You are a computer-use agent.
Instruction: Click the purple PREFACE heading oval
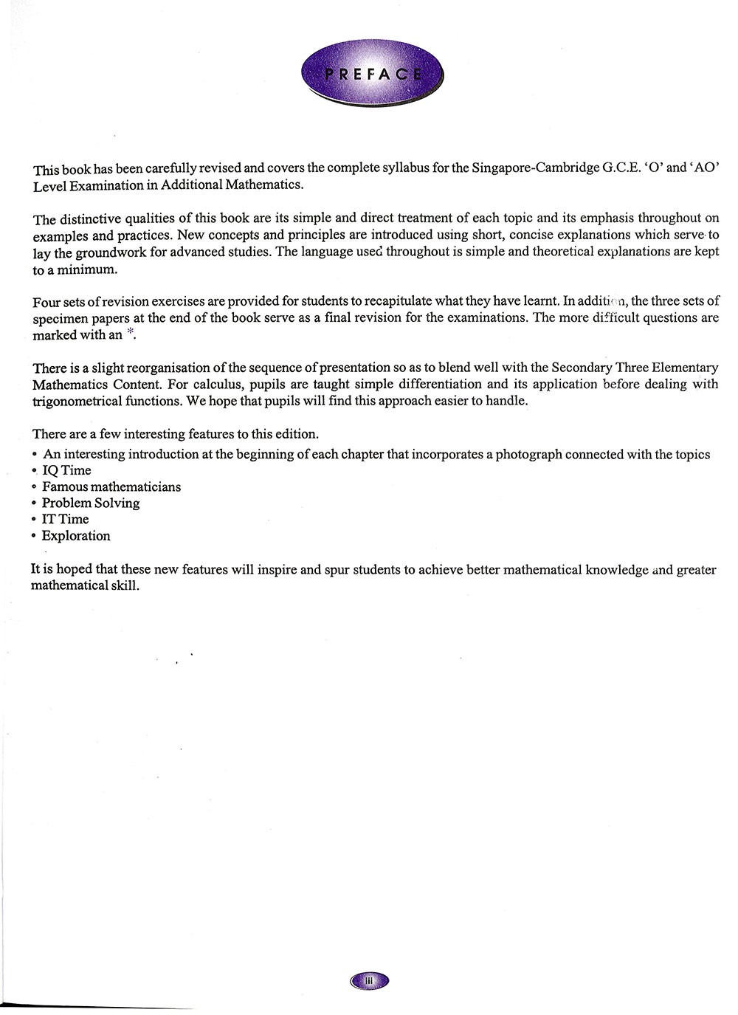(373, 73)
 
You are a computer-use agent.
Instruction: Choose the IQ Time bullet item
(66, 471)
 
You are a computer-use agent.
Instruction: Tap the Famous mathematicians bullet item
(111, 487)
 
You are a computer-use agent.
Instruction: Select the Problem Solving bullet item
(90, 503)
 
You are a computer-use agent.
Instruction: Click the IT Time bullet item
(65, 520)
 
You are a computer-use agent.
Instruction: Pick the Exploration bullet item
(75, 537)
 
